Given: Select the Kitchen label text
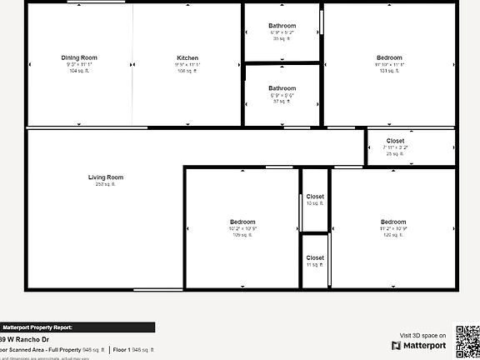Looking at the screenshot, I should (187, 57).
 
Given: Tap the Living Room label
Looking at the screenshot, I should (106, 177).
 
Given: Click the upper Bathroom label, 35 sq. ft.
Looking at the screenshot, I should (282, 26).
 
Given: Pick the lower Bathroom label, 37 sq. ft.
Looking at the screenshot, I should (282, 88).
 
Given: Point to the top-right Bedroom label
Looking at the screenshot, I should (389, 57).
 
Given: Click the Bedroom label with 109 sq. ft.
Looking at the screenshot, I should (242, 222).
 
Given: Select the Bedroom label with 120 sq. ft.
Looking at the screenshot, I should (393, 222).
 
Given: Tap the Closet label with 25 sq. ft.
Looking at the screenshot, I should (396, 141).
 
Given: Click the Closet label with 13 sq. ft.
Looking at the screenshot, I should (315, 197).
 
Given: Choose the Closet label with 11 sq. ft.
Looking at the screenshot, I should (315, 258).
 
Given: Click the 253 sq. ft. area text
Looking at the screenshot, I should (106, 184).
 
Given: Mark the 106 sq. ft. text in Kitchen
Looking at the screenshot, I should (187, 72).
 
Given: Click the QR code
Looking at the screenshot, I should (466, 340).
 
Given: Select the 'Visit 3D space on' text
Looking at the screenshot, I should (422, 334).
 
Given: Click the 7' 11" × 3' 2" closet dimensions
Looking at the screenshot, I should (396, 147).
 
